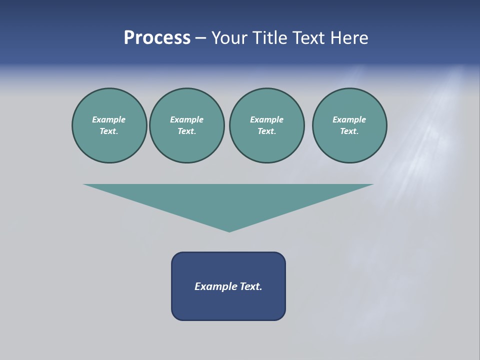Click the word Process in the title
click(157, 38)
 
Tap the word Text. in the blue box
click(251, 286)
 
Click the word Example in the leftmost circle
click(109, 119)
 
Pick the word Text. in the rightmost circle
click(349, 131)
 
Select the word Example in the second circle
click(187, 119)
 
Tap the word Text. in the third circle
click(266, 131)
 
